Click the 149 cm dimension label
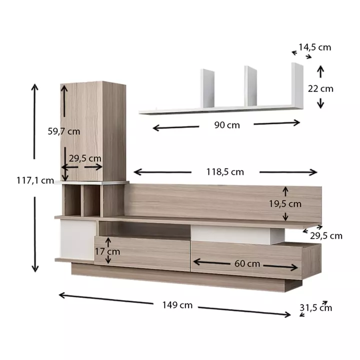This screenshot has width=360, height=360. coord(177,305)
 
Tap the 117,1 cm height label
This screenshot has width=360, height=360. coord(35,180)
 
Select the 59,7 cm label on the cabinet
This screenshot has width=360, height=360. coord(64,131)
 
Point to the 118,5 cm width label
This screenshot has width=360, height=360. coord(225,171)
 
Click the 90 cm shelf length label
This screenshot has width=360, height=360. coord(227,125)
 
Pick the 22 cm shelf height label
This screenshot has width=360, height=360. coord(320,89)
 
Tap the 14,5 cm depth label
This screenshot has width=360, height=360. coord(315,47)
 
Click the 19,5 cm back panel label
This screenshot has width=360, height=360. coord(285,204)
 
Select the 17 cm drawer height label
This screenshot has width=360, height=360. coord(107,251)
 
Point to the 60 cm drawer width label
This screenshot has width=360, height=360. coord(247,264)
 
